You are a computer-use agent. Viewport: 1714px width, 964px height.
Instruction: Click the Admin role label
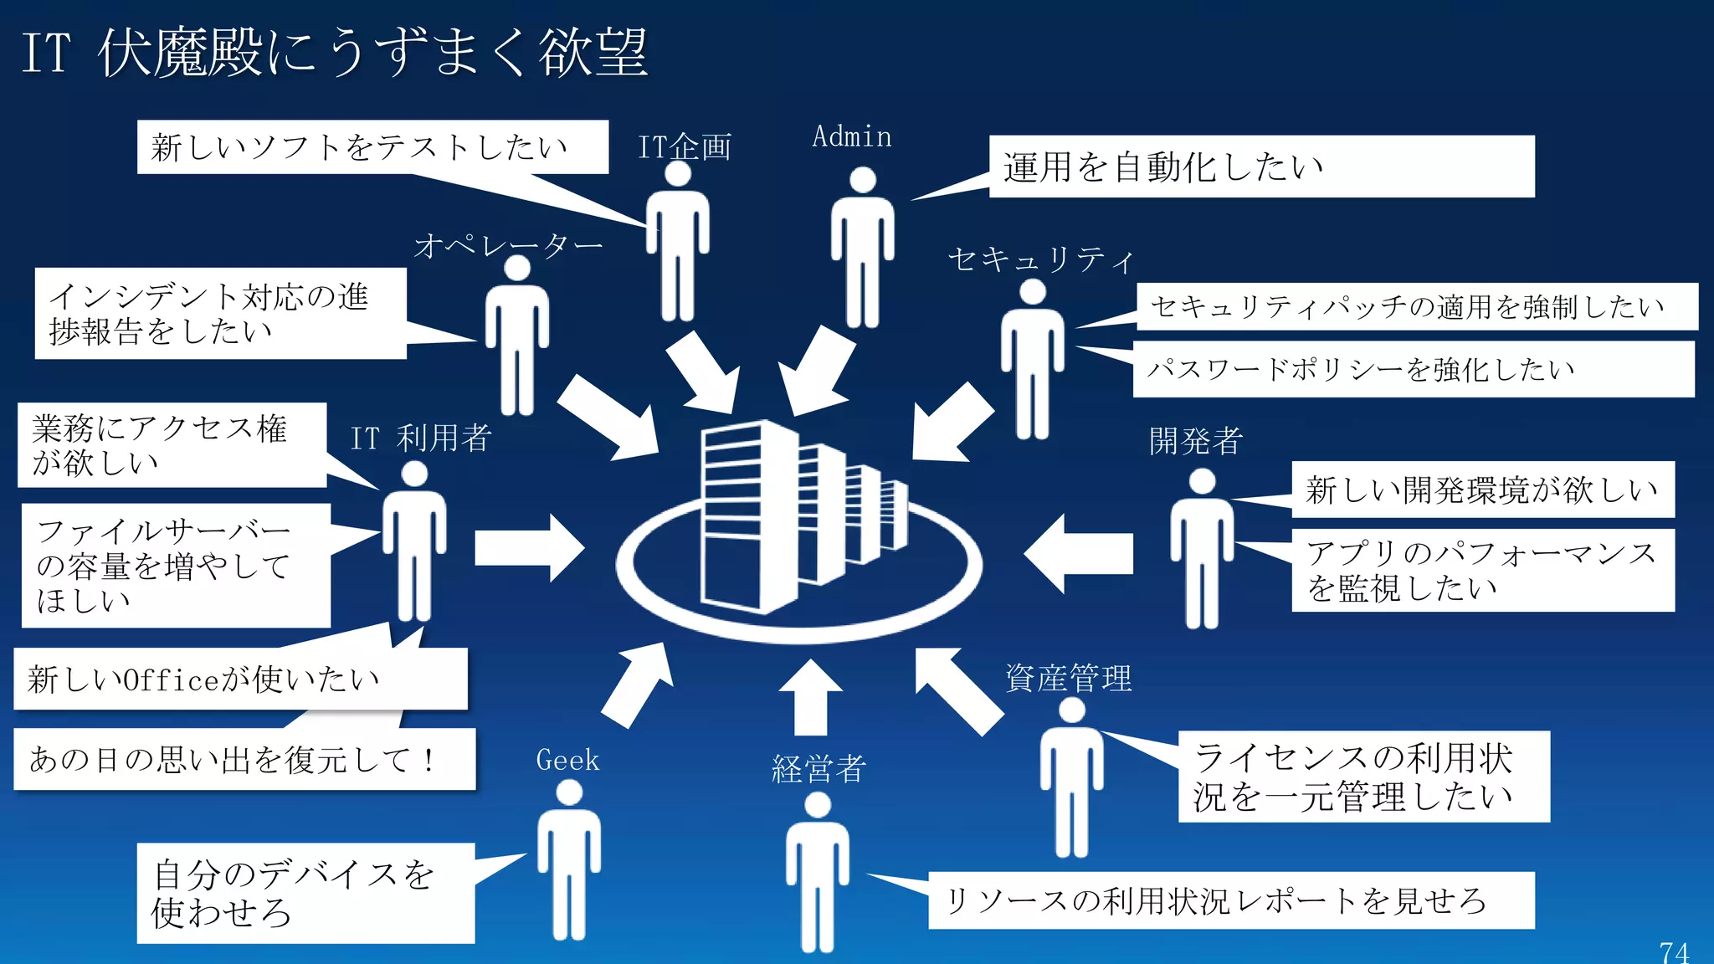(x=851, y=136)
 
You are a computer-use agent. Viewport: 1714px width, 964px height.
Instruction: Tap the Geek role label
(x=567, y=760)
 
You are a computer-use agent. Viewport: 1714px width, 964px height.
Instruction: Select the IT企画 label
(x=684, y=147)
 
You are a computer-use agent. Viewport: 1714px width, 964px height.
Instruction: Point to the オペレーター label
(x=508, y=245)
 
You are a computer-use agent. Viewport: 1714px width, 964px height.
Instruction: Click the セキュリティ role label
(x=1040, y=259)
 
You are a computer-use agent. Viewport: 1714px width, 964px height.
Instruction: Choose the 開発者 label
(x=1195, y=441)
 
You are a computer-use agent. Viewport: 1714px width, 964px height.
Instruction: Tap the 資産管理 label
(x=1068, y=678)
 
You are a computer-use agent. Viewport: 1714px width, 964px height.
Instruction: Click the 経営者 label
(x=818, y=768)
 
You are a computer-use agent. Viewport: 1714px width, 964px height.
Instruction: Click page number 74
(x=1674, y=951)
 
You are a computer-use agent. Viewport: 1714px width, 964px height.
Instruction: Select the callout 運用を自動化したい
(x=1260, y=167)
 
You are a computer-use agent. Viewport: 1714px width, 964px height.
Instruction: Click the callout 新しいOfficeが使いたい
(x=239, y=679)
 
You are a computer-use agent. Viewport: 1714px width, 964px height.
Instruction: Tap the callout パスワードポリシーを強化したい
(x=1413, y=368)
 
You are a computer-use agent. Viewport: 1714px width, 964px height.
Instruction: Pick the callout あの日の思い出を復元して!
(x=244, y=759)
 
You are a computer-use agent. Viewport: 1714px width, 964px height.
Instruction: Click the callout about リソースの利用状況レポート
(x=1230, y=900)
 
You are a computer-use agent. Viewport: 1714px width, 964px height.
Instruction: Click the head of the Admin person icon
(x=862, y=179)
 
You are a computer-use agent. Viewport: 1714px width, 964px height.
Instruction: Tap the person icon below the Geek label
(x=569, y=862)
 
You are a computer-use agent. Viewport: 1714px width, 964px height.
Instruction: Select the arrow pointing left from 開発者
(x=1080, y=553)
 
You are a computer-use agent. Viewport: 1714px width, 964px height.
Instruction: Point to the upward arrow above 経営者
(x=810, y=696)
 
